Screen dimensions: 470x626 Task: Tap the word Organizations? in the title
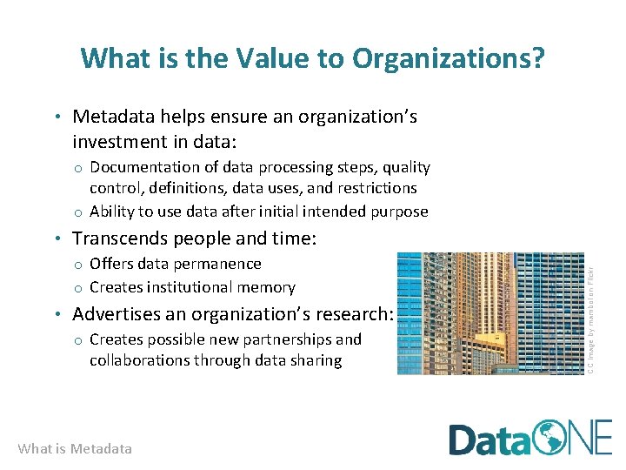point(449,58)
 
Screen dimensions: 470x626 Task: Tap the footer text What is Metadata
point(75,449)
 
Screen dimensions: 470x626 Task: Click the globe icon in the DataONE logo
point(550,438)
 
